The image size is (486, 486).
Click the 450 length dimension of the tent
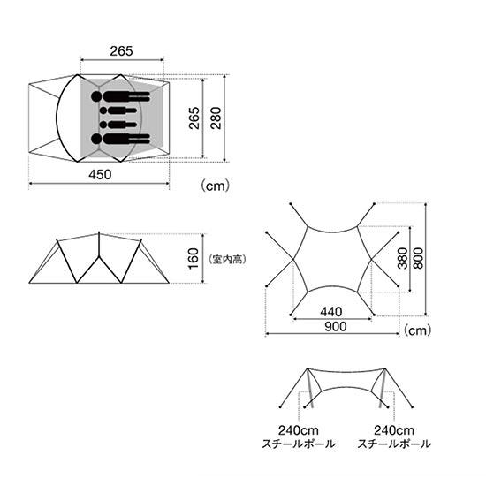[x=100, y=175]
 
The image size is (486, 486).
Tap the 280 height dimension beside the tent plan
[x=216, y=118]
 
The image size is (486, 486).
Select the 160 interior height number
[x=194, y=259]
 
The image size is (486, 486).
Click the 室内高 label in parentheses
[x=228, y=259]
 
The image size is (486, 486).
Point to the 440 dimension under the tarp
[x=331, y=312]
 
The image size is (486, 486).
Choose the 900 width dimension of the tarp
[x=336, y=327]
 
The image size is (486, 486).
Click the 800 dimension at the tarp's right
[x=418, y=258]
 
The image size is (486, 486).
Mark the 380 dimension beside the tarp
[x=403, y=258]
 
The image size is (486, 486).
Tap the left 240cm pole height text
[x=298, y=430]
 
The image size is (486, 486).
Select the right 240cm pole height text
[x=394, y=430]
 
